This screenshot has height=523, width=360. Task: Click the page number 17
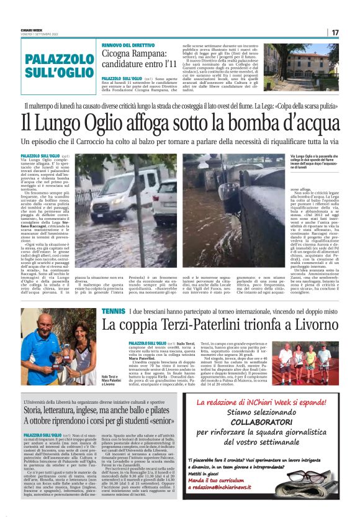335,32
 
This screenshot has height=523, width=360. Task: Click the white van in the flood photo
116,185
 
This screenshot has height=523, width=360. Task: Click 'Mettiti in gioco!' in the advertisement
205,489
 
